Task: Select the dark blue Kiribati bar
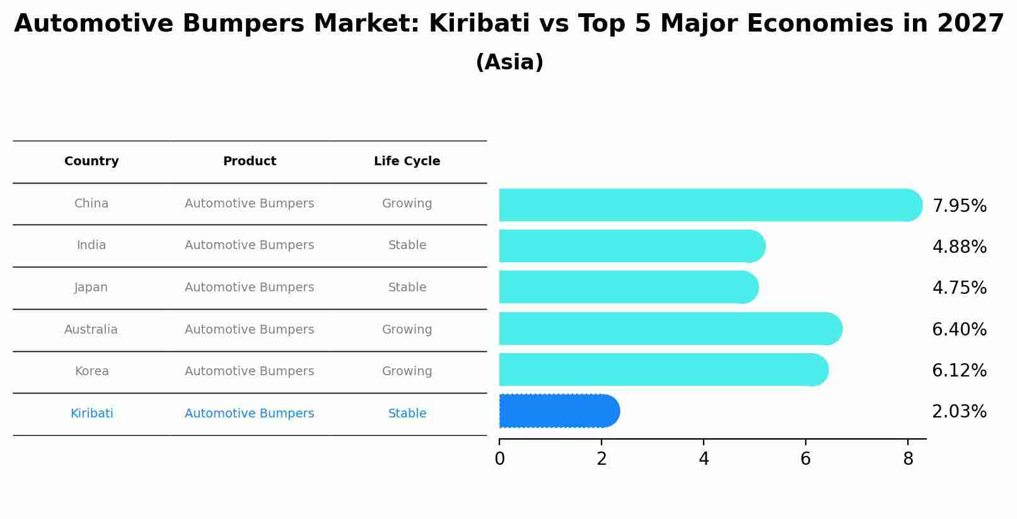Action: pos(558,411)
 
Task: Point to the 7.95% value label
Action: pos(959,206)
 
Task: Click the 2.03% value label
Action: pos(959,412)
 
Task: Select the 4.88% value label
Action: pos(959,247)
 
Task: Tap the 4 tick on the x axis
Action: pos(704,459)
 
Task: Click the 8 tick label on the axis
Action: pos(908,459)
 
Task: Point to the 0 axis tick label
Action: pos(500,459)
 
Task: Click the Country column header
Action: pos(91,161)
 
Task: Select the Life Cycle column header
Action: pos(407,161)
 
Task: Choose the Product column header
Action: pos(250,161)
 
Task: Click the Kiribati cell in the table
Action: pos(92,414)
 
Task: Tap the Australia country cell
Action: pos(91,330)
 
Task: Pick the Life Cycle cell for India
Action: pos(407,245)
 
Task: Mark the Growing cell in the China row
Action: pos(407,204)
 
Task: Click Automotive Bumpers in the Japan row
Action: pos(249,288)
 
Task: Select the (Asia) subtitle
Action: pos(509,62)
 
